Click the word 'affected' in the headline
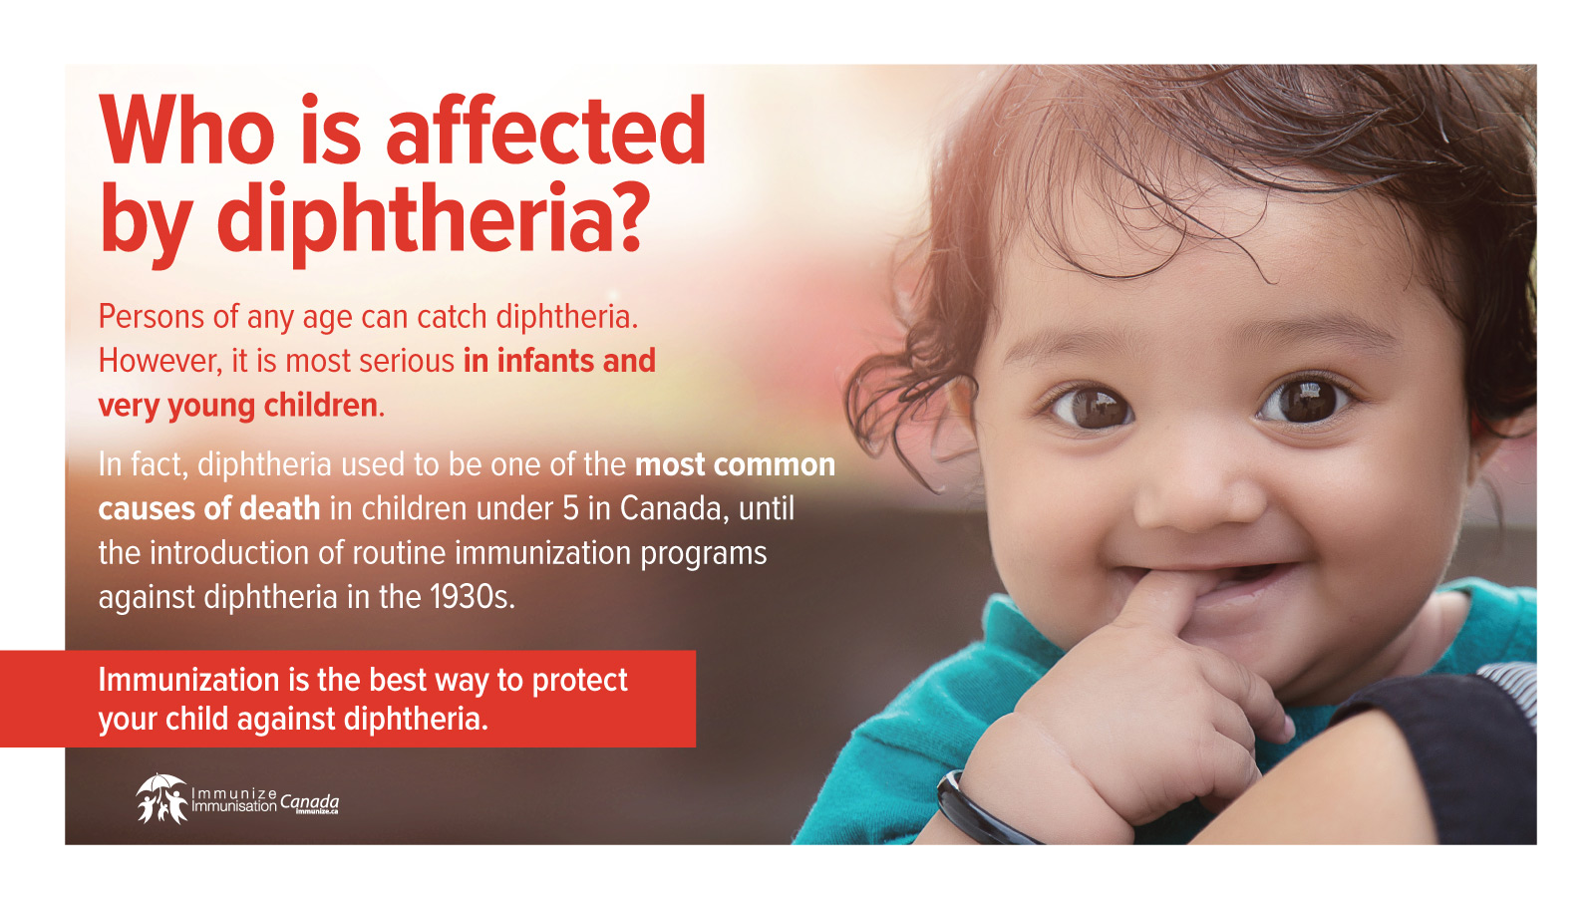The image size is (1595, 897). tap(546, 131)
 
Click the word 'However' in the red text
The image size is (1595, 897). tap(159, 361)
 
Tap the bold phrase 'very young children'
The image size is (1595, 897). tap(238, 406)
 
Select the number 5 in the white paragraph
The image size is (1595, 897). tap(570, 508)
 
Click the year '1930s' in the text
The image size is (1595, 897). tap(472, 597)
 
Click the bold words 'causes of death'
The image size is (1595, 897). tap(209, 508)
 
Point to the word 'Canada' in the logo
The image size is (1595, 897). tap(309, 801)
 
